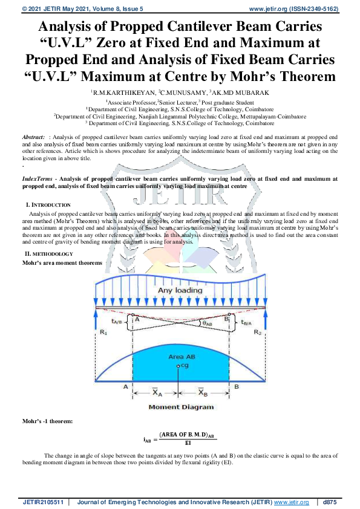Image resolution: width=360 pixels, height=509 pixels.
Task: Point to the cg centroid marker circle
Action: tap(177, 366)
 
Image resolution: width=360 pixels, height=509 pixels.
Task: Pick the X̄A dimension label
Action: tap(157, 392)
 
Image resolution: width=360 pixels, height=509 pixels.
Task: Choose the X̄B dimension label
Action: tap(203, 392)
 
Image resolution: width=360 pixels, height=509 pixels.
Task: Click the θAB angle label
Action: tap(207, 323)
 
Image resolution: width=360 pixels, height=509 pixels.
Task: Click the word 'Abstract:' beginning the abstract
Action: tap(33, 138)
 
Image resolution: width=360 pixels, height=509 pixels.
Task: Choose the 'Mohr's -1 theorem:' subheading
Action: tap(48, 421)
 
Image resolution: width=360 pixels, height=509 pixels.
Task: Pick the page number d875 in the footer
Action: tap(330, 502)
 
